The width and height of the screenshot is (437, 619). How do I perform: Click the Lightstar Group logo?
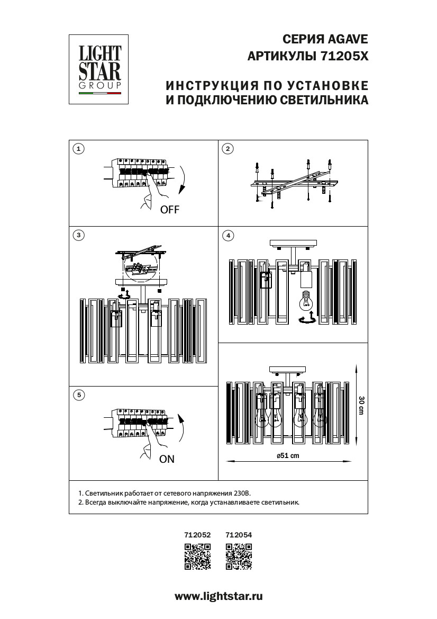(x=100, y=69)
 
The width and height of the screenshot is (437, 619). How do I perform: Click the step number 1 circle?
(x=78, y=149)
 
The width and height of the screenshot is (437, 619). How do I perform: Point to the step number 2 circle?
(x=227, y=149)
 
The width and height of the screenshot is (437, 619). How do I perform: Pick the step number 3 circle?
(x=78, y=235)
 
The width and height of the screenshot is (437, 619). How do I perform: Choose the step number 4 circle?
(x=227, y=235)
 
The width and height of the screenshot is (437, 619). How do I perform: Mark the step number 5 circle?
(x=78, y=394)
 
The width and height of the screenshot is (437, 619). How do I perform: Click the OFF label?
(x=170, y=210)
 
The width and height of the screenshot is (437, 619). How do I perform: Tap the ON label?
(x=167, y=459)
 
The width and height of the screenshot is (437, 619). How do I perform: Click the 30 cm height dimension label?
(x=361, y=405)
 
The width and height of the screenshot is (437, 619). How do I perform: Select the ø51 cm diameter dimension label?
(x=288, y=456)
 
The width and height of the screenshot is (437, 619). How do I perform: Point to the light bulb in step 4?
(x=306, y=301)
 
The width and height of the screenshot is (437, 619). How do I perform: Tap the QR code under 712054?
(x=239, y=557)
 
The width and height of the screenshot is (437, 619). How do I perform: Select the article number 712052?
(x=197, y=535)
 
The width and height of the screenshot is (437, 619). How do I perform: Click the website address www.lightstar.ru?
(x=218, y=596)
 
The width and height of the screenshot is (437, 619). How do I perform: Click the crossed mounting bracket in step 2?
(x=294, y=183)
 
